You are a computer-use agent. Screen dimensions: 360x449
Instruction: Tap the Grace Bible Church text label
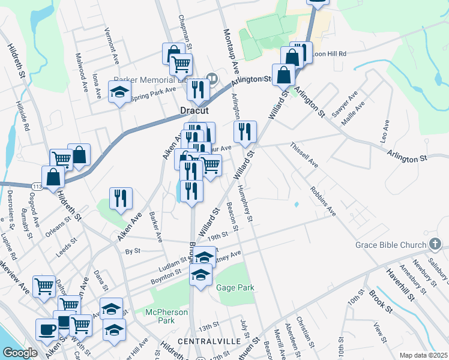click(x=389, y=245)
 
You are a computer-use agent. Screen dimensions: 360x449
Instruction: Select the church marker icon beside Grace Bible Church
click(x=436, y=244)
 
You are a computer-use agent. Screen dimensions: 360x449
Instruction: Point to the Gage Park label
click(x=235, y=287)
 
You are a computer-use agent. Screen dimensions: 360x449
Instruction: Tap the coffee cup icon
click(x=46, y=329)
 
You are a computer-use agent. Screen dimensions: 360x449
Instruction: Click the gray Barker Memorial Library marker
click(x=212, y=78)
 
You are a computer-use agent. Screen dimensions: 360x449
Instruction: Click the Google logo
click(x=20, y=353)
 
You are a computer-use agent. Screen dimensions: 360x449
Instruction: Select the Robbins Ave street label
click(x=323, y=202)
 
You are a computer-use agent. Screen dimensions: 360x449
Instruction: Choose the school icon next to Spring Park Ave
click(x=119, y=92)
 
